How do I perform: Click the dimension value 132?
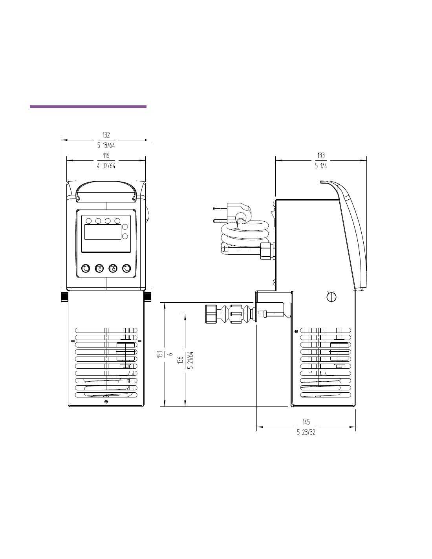coord(106,135)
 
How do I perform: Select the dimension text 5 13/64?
coord(106,145)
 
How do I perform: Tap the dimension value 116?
coord(106,155)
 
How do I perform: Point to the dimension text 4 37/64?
coord(106,165)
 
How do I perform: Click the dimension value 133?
coord(321,155)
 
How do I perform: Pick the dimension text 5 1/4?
coord(321,165)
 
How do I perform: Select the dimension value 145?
coord(306,422)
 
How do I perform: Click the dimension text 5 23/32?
coord(306,432)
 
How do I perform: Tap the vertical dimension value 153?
coord(160,354)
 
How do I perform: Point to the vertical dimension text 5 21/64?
coord(191,360)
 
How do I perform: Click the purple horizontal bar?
coord(88,107)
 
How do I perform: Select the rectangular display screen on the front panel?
coord(103,232)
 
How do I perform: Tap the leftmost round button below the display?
coord(86,269)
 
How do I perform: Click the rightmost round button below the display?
coord(126,269)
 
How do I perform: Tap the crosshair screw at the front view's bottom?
coord(106,402)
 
